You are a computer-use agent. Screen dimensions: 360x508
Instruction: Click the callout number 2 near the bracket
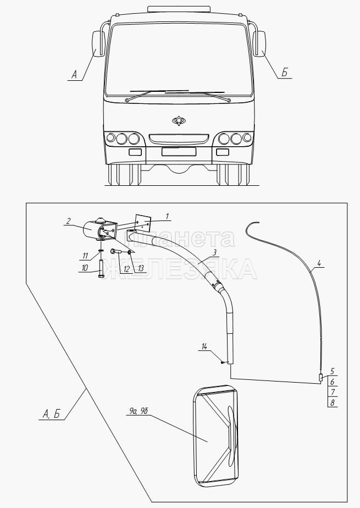click(68, 221)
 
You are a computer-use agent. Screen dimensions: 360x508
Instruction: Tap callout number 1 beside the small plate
click(167, 217)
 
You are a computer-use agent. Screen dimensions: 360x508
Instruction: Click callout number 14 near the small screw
click(204, 347)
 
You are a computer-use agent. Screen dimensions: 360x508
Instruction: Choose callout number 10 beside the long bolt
click(85, 268)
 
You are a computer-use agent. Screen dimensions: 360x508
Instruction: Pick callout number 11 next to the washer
click(85, 256)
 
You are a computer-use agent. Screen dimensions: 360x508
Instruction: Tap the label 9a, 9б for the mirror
click(136, 411)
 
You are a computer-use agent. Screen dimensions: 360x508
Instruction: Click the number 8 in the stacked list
click(332, 402)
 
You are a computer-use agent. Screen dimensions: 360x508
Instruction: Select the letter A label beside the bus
click(74, 75)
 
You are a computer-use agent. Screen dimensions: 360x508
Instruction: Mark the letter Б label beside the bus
click(284, 73)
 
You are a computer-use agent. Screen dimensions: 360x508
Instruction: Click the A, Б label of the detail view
click(51, 414)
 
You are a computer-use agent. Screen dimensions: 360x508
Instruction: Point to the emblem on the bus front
click(179, 120)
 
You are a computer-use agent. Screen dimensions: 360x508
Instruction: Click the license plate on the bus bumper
click(179, 151)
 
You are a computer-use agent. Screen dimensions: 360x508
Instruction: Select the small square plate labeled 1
click(143, 223)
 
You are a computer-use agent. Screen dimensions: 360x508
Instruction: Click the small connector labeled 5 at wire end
click(321, 378)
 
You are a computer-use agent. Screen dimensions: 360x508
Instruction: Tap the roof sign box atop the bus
click(179, 9)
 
